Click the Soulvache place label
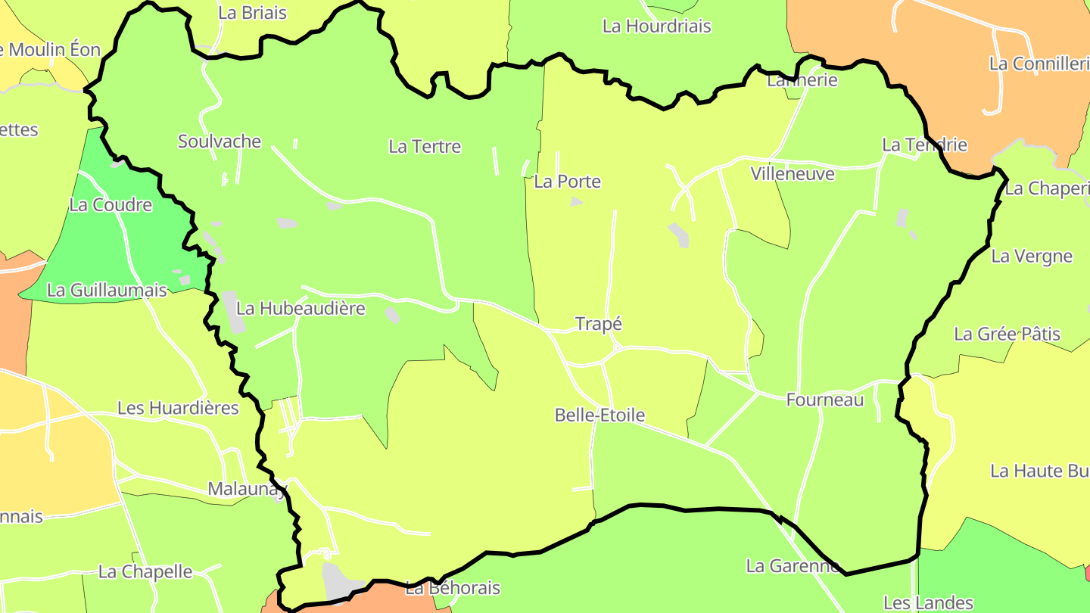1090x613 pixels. click(x=220, y=142)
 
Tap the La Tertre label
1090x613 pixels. click(x=425, y=147)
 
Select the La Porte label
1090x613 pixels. click(x=568, y=182)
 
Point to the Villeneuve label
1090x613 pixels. click(x=793, y=174)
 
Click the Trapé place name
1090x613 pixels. click(x=598, y=324)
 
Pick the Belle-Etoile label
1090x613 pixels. click(x=599, y=415)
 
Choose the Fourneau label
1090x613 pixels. click(x=825, y=400)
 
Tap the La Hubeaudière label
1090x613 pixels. click(x=301, y=309)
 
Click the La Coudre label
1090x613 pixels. click(x=111, y=205)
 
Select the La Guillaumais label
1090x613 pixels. click(x=107, y=290)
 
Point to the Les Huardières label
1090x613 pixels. click(x=178, y=409)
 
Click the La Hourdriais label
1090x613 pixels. click(x=656, y=26)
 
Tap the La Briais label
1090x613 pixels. click(x=252, y=13)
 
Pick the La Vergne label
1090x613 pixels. click(x=1032, y=257)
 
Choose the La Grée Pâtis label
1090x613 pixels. click(x=1007, y=335)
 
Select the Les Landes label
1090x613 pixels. click(x=928, y=603)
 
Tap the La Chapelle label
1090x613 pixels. click(x=145, y=572)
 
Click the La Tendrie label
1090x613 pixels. click(x=925, y=145)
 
